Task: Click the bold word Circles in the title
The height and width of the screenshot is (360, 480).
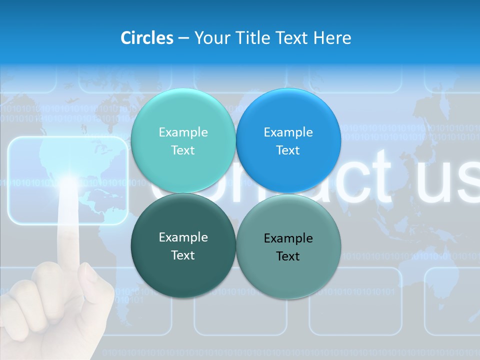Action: point(146,38)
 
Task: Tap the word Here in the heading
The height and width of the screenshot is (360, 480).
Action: point(332,38)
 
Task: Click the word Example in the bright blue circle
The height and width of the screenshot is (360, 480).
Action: point(288,132)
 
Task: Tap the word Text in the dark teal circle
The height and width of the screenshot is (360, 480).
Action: point(183,255)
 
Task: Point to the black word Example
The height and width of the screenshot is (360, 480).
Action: point(288,238)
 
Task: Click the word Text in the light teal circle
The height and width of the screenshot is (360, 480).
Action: point(183,150)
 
